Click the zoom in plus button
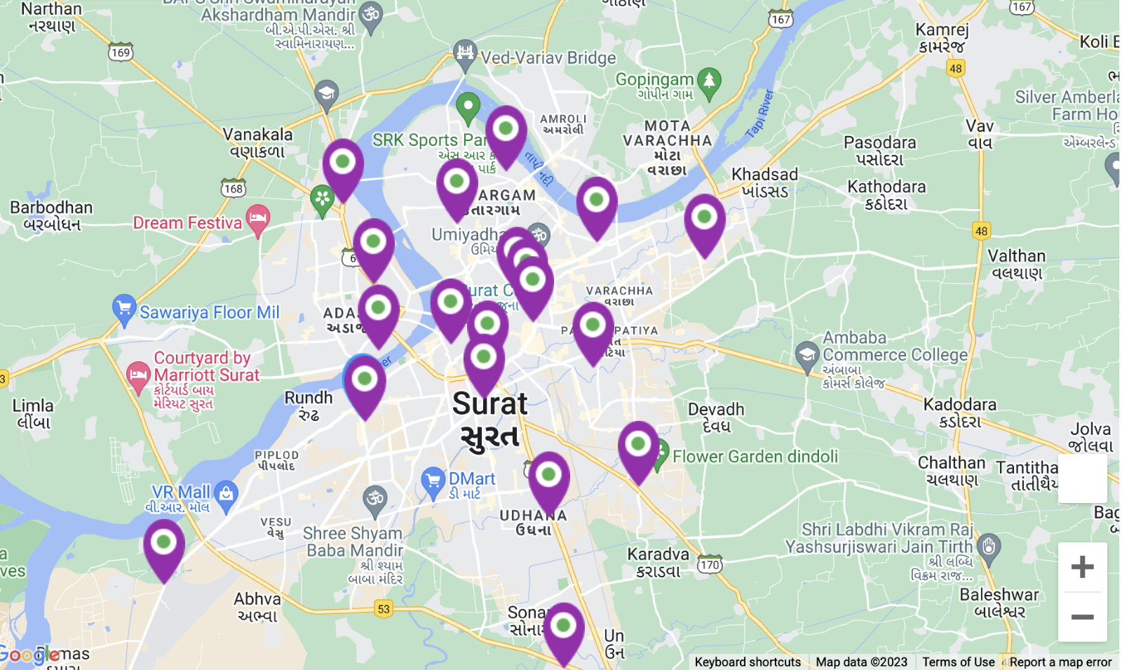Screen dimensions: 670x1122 coord(1082,567)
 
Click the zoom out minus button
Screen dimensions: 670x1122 coord(1082,617)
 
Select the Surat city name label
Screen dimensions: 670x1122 coord(489,419)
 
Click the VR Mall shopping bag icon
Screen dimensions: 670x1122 coord(226,494)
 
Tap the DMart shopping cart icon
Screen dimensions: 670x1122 coord(433,481)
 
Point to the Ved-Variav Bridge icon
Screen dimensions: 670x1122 coord(465,54)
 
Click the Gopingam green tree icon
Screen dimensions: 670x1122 coord(709,81)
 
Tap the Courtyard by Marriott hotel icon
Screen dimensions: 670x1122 coord(138,375)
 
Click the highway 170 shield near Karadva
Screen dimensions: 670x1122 coord(710,565)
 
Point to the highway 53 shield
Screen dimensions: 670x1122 coord(383,608)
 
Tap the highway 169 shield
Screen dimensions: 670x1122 coord(121,53)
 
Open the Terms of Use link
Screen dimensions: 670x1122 coord(958,662)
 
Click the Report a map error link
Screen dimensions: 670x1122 coord(1060,662)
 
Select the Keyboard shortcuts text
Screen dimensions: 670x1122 coord(748,662)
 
